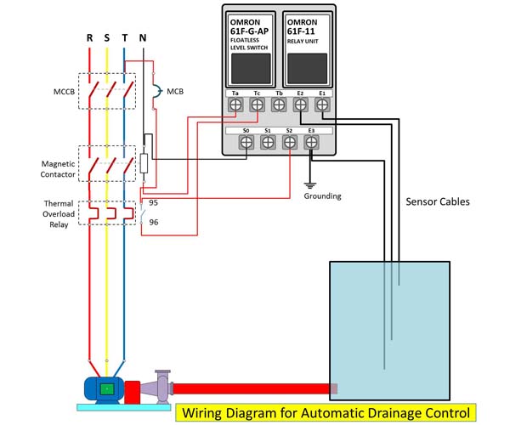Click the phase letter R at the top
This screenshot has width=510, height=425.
pos(89,37)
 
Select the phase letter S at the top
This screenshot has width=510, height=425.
pos(107,37)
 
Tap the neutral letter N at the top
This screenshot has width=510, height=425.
pos(143,37)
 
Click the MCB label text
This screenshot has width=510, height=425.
pos(175,90)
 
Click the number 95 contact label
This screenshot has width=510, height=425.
pos(154,203)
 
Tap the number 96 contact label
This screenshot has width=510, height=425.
pos(154,222)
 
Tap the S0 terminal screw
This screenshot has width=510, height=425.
pos(246,144)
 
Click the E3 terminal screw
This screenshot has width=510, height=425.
pos(312,144)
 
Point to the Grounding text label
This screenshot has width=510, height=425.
pos(322,195)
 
